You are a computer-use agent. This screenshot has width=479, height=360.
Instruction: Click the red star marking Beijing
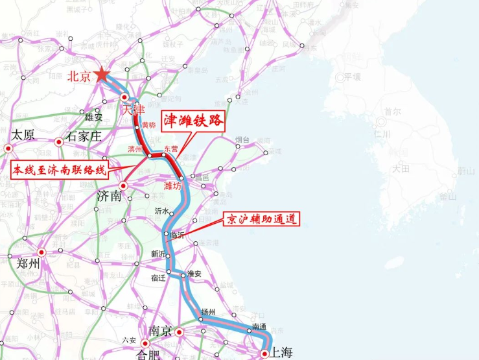pos(102,75)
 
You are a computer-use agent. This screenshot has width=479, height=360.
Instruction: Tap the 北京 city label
pos(79,76)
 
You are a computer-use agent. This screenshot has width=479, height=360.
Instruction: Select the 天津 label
pos(134,109)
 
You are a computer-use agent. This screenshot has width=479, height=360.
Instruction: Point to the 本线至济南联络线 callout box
pos(60,171)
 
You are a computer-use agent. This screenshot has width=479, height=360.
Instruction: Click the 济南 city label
pos(109,196)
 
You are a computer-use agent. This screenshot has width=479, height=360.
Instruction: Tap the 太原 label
pos(23,136)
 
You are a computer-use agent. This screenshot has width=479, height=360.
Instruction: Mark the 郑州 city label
pos(29,263)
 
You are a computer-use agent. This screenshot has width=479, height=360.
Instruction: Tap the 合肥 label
pos(148,354)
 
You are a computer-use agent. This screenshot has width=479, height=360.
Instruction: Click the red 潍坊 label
pos(172,186)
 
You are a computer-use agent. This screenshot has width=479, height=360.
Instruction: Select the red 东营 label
pos(171,149)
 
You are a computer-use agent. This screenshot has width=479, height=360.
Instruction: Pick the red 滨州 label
pos(136,149)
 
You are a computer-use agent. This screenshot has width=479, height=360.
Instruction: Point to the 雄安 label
pos(94,117)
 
